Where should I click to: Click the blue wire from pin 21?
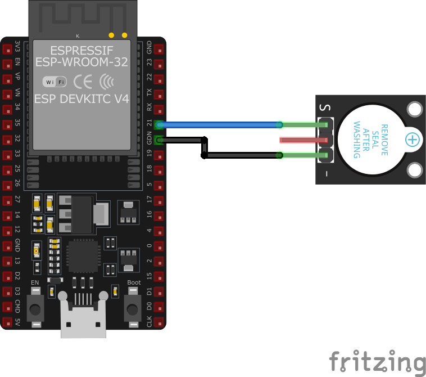(x=219, y=124)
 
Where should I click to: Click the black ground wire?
(x=242, y=155)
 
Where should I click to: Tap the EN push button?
(x=35, y=308)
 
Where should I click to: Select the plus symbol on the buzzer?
(x=413, y=140)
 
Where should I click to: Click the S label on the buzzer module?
(x=324, y=106)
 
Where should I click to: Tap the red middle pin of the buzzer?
(x=303, y=140)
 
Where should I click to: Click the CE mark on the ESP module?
(x=83, y=82)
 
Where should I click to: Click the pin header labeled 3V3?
(x=7, y=48)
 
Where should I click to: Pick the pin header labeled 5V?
(x=7, y=322)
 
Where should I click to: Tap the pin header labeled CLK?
(x=159, y=322)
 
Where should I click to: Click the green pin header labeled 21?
(x=159, y=124)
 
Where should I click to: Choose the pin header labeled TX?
(x=159, y=94)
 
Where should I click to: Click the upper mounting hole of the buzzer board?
(x=415, y=109)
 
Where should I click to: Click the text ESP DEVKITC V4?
(x=81, y=99)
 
